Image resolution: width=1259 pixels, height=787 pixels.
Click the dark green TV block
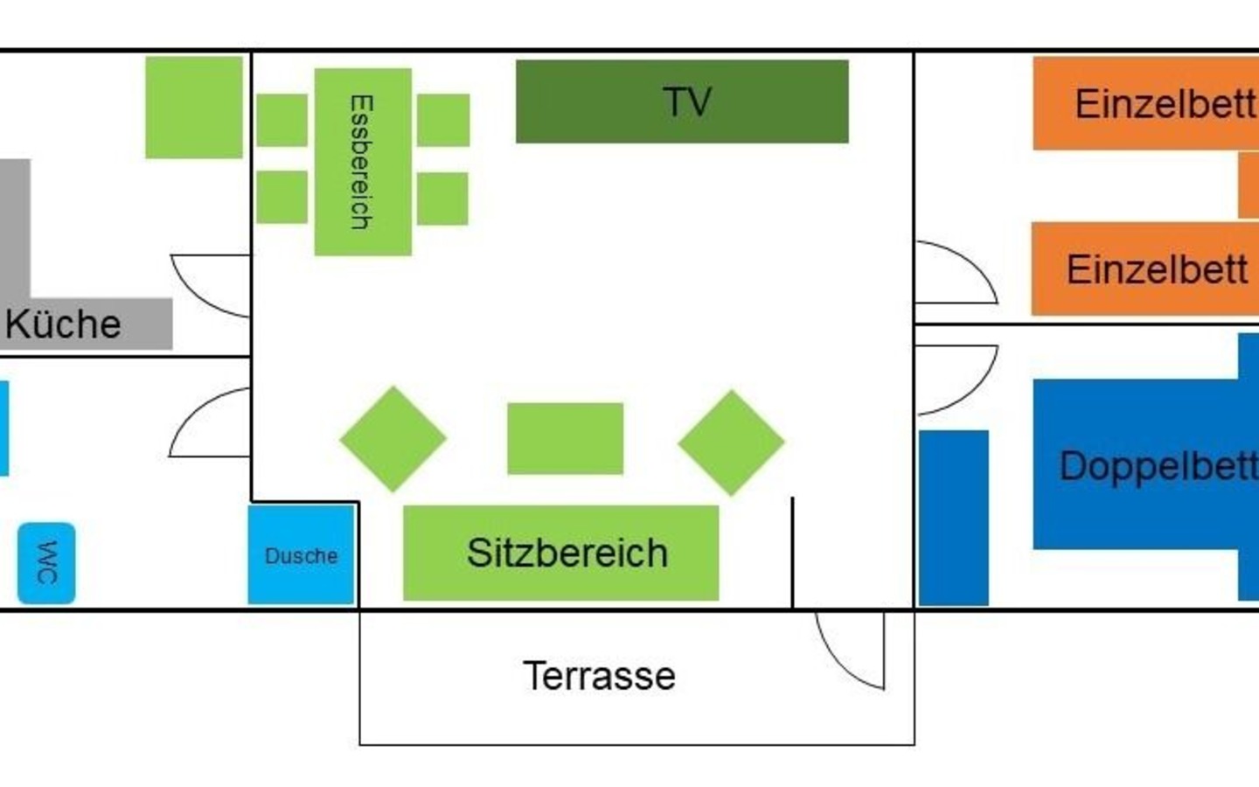click(x=682, y=101)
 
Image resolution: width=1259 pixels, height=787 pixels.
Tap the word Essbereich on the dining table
click(x=361, y=163)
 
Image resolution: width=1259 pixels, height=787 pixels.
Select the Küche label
click(x=63, y=324)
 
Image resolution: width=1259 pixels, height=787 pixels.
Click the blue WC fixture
click(x=46, y=563)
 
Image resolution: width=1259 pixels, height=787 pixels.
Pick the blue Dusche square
click(x=301, y=555)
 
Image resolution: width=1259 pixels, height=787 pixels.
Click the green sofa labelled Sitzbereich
click(x=561, y=553)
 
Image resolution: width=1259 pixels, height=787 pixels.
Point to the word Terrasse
click(x=599, y=676)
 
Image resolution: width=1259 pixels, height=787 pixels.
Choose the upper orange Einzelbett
click(x=1145, y=104)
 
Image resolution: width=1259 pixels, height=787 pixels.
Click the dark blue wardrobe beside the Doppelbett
click(x=954, y=517)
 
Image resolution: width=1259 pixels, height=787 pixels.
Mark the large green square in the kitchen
click(x=194, y=108)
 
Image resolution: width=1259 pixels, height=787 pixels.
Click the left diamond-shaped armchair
click(x=393, y=439)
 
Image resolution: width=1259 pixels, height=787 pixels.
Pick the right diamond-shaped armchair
click(x=731, y=442)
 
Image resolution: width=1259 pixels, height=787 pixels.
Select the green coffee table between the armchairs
click(x=566, y=439)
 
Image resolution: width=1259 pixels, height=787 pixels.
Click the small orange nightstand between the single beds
click(x=1249, y=185)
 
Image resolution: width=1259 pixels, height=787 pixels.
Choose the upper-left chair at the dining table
click(x=282, y=120)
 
